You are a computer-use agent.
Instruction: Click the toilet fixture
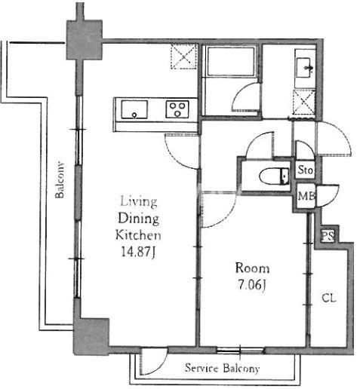274,176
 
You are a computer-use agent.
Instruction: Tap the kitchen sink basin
134,109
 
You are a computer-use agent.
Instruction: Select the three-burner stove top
177,109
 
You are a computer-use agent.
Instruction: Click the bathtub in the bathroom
230,61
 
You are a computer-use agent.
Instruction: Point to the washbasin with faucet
304,67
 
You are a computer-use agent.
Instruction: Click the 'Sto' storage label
305,170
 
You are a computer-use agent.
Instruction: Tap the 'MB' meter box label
306,196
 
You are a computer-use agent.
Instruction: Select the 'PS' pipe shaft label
328,236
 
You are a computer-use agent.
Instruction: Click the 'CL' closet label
329,299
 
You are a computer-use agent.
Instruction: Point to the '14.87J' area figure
138,252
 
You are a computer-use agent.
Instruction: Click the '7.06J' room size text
252,285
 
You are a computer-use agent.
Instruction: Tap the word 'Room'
252,268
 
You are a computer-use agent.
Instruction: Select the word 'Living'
139,201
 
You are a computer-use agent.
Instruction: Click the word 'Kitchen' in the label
138,235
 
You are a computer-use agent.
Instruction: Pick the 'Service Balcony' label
222,369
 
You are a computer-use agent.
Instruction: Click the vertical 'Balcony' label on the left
60,179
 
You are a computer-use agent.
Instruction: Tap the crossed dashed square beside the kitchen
183,57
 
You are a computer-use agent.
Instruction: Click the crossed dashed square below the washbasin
304,102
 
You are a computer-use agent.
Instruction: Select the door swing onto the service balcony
153,361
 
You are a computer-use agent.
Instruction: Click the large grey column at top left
85,40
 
